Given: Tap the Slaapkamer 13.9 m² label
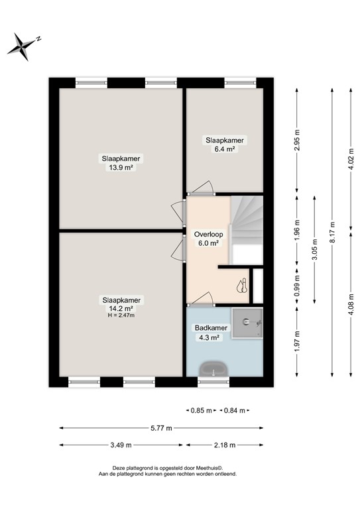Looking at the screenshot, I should coord(121,162).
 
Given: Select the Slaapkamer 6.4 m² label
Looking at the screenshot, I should coord(225,144).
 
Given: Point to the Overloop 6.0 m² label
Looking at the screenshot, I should coord(207,239).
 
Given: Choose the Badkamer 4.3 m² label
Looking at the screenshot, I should coord(207,331).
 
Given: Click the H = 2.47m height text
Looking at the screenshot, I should coord(121,315).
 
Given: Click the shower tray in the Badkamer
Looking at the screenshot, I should coord(249,322).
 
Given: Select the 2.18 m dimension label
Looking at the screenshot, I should coord(225,445).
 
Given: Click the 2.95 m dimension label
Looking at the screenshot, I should coord(298,144).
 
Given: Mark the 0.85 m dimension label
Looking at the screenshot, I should coord(201,411).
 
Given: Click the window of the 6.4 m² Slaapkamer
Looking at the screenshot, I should coord(239,83).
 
